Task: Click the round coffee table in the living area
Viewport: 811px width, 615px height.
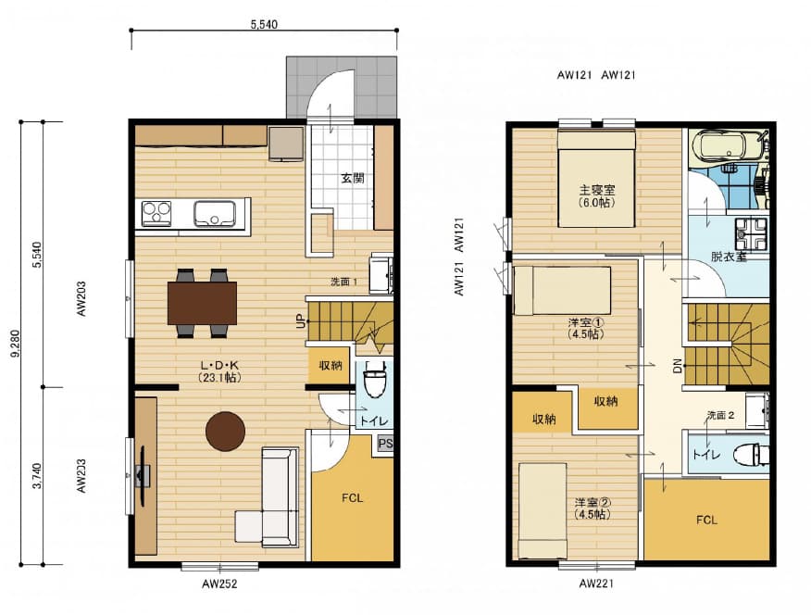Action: pyautogui.click(x=225, y=431)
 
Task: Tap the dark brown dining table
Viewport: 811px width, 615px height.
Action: pyautogui.click(x=202, y=303)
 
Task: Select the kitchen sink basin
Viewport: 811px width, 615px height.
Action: pyautogui.click(x=215, y=214)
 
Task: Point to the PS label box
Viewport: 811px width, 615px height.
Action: pyautogui.click(x=385, y=444)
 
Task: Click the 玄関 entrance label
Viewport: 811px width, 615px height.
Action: pyautogui.click(x=352, y=179)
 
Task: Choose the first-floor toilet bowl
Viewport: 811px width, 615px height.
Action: pyautogui.click(x=373, y=379)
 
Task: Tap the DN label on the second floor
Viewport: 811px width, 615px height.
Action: pyautogui.click(x=678, y=366)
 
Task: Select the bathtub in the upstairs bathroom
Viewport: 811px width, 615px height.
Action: pyautogui.click(x=726, y=144)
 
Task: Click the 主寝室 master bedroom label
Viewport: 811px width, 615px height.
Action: pyautogui.click(x=597, y=191)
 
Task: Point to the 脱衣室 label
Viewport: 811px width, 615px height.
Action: pyautogui.click(x=729, y=256)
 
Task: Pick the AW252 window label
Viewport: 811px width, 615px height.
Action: pyautogui.click(x=219, y=584)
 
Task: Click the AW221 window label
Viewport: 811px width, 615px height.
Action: pyautogui.click(x=596, y=584)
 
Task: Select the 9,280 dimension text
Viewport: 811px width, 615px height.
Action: pyautogui.click(x=15, y=344)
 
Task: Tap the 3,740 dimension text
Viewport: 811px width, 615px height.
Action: pyautogui.click(x=37, y=476)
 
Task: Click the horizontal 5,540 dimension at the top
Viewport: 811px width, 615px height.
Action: pyautogui.click(x=264, y=24)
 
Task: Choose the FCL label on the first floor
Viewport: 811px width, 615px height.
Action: pyautogui.click(x=352, y=498)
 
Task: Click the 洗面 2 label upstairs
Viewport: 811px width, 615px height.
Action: pyautogui.click(x=720, y=415)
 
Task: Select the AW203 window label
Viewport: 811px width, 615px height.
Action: pyautogui.click(x=81, y=298)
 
